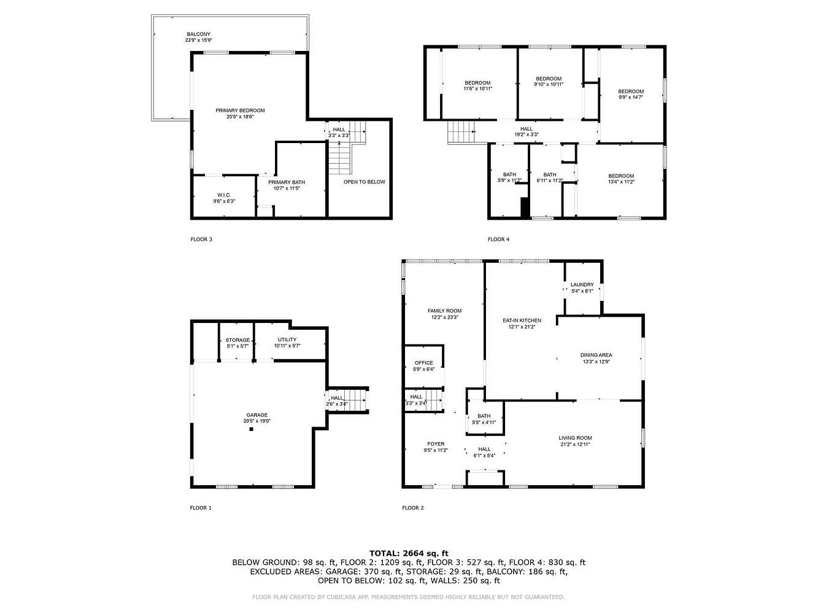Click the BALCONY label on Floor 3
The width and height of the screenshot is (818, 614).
pos(199,34)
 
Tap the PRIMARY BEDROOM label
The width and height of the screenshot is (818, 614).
pos(240,111)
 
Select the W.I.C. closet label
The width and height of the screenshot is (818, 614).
pos(224,195)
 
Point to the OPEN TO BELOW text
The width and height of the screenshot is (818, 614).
pos(364,182)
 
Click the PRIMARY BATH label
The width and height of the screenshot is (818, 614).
pos(287,182)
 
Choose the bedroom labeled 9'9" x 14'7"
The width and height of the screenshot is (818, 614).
pos(631,95)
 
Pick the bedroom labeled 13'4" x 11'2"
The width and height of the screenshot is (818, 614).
pos(621,179)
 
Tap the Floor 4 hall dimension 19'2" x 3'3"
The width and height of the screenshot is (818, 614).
pos(526,134)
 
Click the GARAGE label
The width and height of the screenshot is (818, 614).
pos(257,415)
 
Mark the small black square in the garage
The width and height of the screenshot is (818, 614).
pos(251,429)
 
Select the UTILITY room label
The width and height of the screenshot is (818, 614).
pos(287,340)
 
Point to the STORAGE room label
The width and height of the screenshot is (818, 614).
pos(237,340)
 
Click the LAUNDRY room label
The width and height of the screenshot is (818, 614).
pos(582,285)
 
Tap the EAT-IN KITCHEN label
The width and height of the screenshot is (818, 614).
pos(522,321)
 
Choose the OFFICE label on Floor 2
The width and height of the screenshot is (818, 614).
pos(424,363)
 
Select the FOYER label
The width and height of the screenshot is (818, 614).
pos(436,444)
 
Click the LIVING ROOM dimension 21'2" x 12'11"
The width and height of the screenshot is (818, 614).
pos(575,445)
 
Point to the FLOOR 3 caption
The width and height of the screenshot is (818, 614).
pos(201,239)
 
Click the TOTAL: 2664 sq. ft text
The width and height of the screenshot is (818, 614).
pos(409,553)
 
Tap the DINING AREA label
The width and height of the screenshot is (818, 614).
pos(596,356)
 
